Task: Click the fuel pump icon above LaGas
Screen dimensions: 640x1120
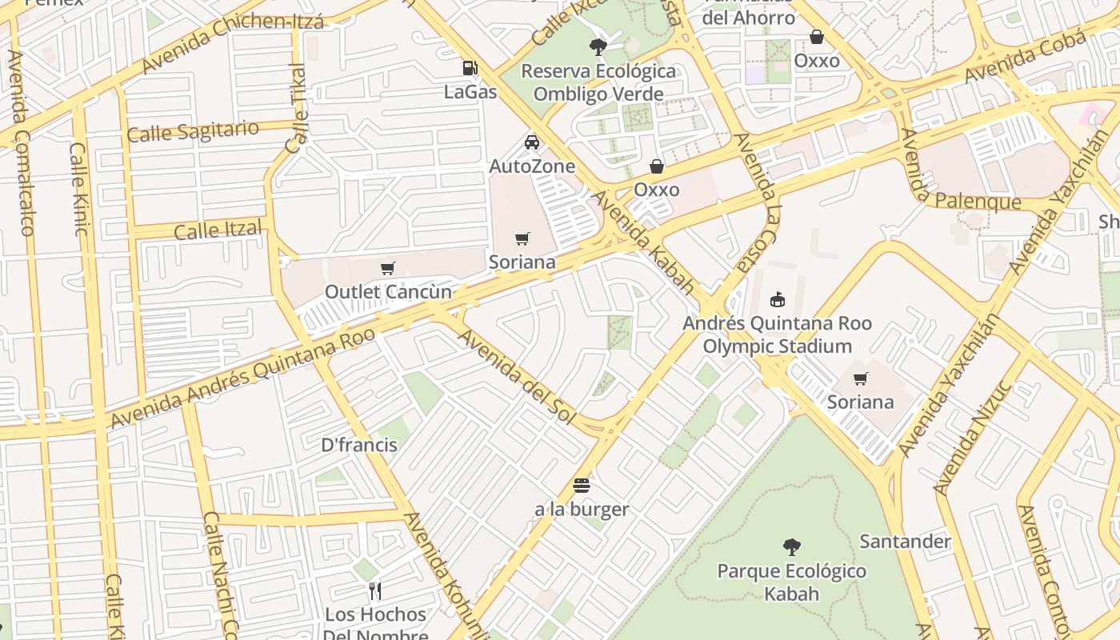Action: (470, 69)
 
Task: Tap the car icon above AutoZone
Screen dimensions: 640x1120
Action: (532, 142)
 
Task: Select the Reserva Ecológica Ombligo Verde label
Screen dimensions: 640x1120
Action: (598, 82)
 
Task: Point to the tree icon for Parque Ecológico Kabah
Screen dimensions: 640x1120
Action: (791, 547)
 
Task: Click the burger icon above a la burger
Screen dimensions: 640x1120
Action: (582, 485)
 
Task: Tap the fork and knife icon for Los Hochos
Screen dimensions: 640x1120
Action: (374, 591)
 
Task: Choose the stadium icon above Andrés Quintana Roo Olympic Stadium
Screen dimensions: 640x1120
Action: (777, 299)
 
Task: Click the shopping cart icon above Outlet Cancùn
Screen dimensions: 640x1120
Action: (388, 269)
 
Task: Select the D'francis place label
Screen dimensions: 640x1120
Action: (359, 445)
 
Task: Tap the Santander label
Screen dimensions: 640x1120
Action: (905, 542)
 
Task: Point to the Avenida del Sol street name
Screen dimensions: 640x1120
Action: (517, 376)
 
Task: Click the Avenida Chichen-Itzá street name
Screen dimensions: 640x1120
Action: (232, 37)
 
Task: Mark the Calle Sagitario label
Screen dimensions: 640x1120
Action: (193, 131)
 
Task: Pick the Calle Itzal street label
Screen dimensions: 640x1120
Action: (218, 230)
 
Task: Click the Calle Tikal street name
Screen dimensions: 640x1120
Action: (296, 109)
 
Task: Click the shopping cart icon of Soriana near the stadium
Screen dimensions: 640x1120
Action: (861, 379)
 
